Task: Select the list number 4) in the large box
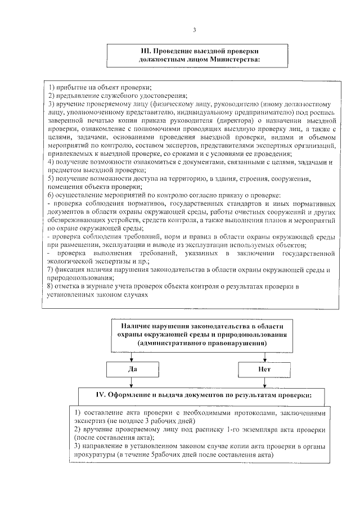[x=51, y=162]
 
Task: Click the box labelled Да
[x=130, y=370]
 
